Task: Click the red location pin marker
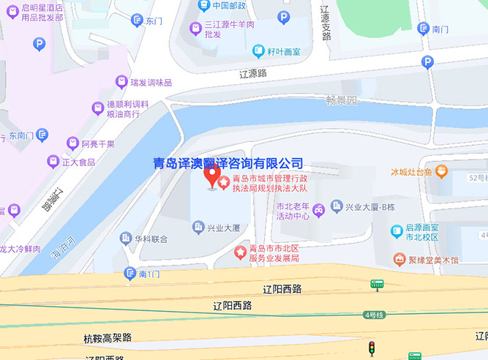click(x=212, y=176)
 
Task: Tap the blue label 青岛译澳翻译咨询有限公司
click(x=228, y=162)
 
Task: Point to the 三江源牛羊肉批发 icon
click(x=195, y=29)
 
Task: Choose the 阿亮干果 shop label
click(x=97, y=143)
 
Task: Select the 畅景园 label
click(x=341, y=100)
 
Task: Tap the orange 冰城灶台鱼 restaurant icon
click(x=441, y=171)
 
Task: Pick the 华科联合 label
click(x=151, y=239)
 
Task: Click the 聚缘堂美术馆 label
click(x=432, y=260)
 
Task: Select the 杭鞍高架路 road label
click(x=108, y=337)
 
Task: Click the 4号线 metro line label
click(x=374, y=315)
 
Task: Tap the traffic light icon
click(x=372, y=347)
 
